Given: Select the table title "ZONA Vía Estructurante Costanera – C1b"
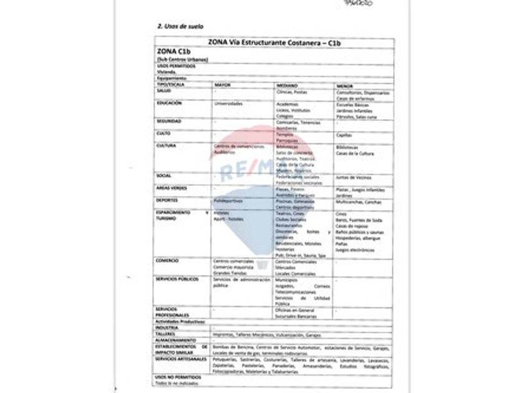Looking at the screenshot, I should (x=273, y=42).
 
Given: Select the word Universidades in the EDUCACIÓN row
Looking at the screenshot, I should (x=228, y=104).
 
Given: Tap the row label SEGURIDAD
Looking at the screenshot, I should (x=169, y=121).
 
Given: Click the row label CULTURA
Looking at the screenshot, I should (x=166, y=146).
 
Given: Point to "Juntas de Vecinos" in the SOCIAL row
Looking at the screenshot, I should (x=354, y=177).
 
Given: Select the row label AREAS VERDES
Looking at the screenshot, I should (x=170, y=187).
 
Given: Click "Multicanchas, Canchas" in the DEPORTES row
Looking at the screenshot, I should (x=359, y=203).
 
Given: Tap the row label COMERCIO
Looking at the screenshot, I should (x=168, y=260).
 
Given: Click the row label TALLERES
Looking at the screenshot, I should (x=165, y=334).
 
